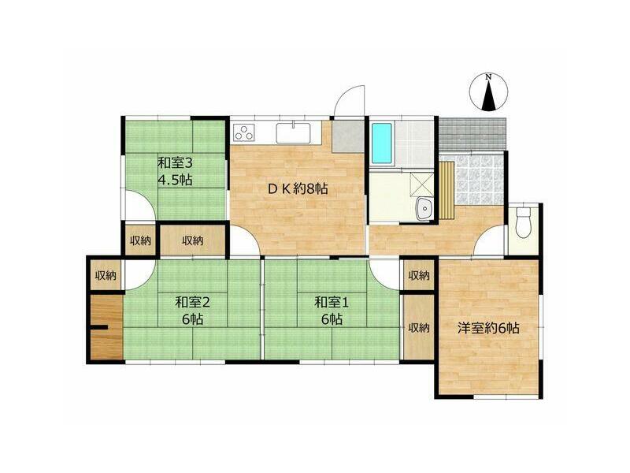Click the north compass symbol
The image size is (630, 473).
[x=488, y=92]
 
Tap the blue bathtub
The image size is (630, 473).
[x=382, y=143]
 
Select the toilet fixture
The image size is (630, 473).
[x=523, y=222]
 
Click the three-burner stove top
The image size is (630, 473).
[x=244, y=132]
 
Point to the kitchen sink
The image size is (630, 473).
[x=293, y=132]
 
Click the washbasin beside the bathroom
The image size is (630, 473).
[x=423, y=209]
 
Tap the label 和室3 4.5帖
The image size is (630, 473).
[x=175, y=171]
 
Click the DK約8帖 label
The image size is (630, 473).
[x=298, y=188]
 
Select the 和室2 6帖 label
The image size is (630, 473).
[x=192, y=311]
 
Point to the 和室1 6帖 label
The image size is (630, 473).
[x=332, y=311]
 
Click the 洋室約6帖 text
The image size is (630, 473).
[x=488, y=328]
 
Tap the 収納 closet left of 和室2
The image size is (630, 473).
[x=106, y=275]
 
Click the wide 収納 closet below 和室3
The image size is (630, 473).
[x=193, y=240]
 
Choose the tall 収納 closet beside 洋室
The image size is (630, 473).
[x=419, y=328]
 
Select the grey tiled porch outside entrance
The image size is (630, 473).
[x=472, y=133]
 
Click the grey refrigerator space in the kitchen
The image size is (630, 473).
[x=348, y=136]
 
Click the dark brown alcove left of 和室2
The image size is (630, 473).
[x=106, y=327]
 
